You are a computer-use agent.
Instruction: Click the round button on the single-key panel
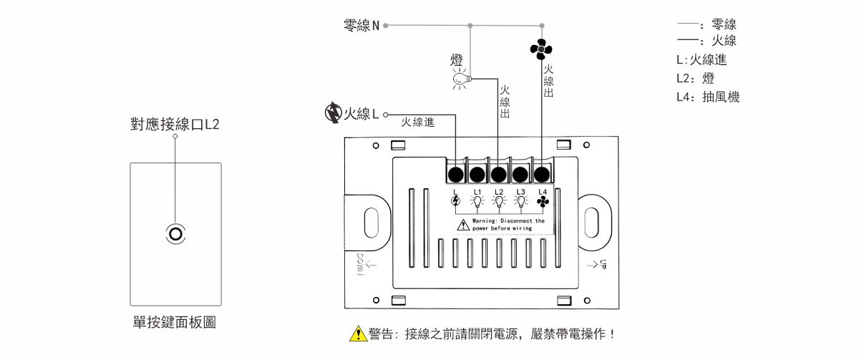175,234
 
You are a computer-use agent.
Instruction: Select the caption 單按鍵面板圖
175,323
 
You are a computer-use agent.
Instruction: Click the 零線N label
361,26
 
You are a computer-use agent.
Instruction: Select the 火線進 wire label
418,122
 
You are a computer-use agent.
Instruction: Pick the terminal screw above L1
477,173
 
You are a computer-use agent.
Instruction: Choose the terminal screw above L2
499,173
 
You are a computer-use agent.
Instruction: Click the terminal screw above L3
520,173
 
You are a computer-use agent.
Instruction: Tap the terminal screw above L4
542,173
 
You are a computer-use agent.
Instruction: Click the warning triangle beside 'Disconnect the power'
464,225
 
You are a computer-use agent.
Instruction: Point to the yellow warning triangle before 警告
358,334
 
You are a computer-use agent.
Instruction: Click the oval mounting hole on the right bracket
593,222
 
